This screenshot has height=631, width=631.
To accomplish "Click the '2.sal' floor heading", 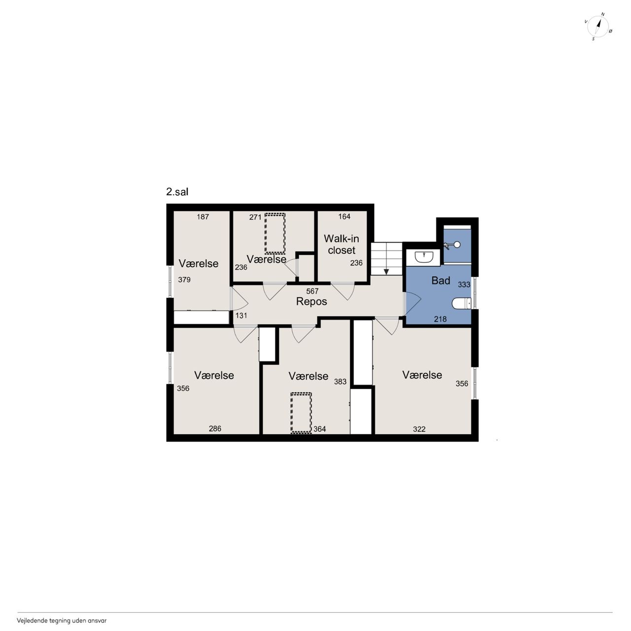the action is (x=177, y=192).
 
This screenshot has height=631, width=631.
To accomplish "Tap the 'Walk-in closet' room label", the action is (x=342, y=245).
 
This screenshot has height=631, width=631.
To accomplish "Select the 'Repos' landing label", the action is (x=312, y=301).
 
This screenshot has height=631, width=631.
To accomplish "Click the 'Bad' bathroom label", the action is (x=440, y=280).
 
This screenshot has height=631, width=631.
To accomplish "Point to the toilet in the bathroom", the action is (x=461, y=303).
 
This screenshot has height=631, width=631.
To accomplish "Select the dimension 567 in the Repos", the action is (x=313, y=291).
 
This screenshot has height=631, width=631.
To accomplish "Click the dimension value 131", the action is (x=241, y=315).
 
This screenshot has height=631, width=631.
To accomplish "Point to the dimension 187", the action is (x=203, y=216).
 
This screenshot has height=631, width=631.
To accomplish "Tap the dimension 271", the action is (x=255, y=217).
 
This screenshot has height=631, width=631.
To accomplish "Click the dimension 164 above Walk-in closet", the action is (x=344, y=216).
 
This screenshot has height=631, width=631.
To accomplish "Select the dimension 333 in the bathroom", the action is (x=464, y=284).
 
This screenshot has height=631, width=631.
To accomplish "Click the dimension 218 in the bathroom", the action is (x=440, y=319).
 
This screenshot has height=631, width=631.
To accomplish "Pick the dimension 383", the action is (x=340, y=382).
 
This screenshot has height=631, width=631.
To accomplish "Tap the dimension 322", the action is (x=419, y=429).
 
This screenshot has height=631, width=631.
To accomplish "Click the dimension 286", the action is (x=215, y=428).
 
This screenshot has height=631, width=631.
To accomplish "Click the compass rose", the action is (x=598, y=27).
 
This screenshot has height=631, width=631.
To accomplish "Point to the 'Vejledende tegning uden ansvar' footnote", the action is (x=62, y=621).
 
